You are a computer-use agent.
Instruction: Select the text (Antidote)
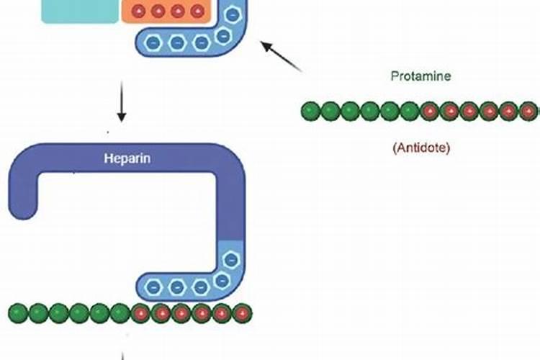click(x=421, y=148)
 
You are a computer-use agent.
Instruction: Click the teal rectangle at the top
click(x=79, y=11)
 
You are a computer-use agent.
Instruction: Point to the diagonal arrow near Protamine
click(x=282, y=56)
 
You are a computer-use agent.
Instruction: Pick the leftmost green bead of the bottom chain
click(x=18, y=313)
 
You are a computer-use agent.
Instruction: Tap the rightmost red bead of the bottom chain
click(x=243, y=313)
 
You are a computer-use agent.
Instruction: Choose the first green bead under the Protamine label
click(x=310, y=112)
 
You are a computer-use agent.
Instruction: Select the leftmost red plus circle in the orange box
click(x=139, y=11)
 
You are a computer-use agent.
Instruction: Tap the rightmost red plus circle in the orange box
click(x=197, y=11)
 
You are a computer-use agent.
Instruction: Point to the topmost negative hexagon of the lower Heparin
click(x=231, y=259)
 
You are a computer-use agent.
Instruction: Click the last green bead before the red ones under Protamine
click(x=410, y=112)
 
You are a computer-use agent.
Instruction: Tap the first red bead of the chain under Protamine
click(x=430, y=112)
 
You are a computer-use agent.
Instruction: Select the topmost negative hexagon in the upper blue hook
click(x=232, y=14)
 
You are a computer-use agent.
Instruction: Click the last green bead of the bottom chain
click(x=120, y=313)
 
